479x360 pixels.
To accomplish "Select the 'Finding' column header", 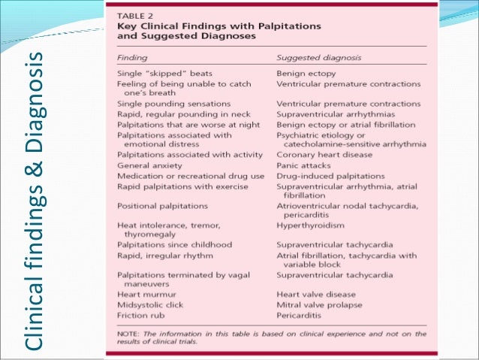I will point(132,57).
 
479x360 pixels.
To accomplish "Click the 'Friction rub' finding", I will point(141,316).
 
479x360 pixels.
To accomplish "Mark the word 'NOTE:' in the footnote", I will point(129,334).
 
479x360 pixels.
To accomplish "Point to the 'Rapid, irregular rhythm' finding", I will point(165,256).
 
